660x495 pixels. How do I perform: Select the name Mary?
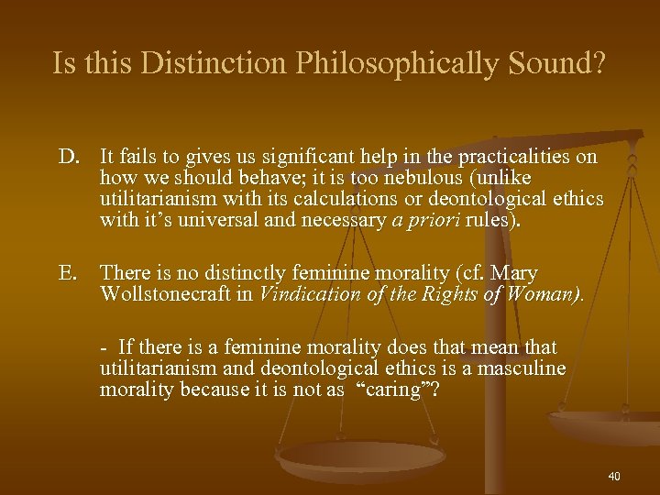[x=518, y=273]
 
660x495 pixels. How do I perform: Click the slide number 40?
[x=613, y=476]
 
